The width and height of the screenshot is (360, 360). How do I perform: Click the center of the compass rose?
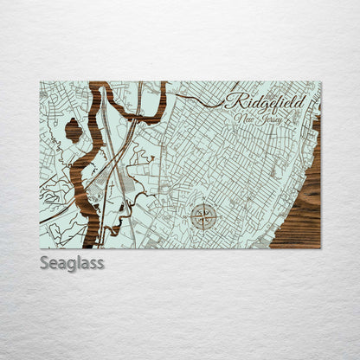pyautogui.click(x=204, y=216)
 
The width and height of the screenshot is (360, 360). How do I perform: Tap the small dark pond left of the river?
pyautogui.click(x=74, y=131)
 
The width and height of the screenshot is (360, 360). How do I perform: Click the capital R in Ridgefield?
pyautogui.click(x=234, y=100)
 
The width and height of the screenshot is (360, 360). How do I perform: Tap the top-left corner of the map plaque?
pyautogui.click(x=41, y=82)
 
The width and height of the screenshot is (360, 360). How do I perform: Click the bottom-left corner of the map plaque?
pyautogui.click(x=41, y=247)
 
